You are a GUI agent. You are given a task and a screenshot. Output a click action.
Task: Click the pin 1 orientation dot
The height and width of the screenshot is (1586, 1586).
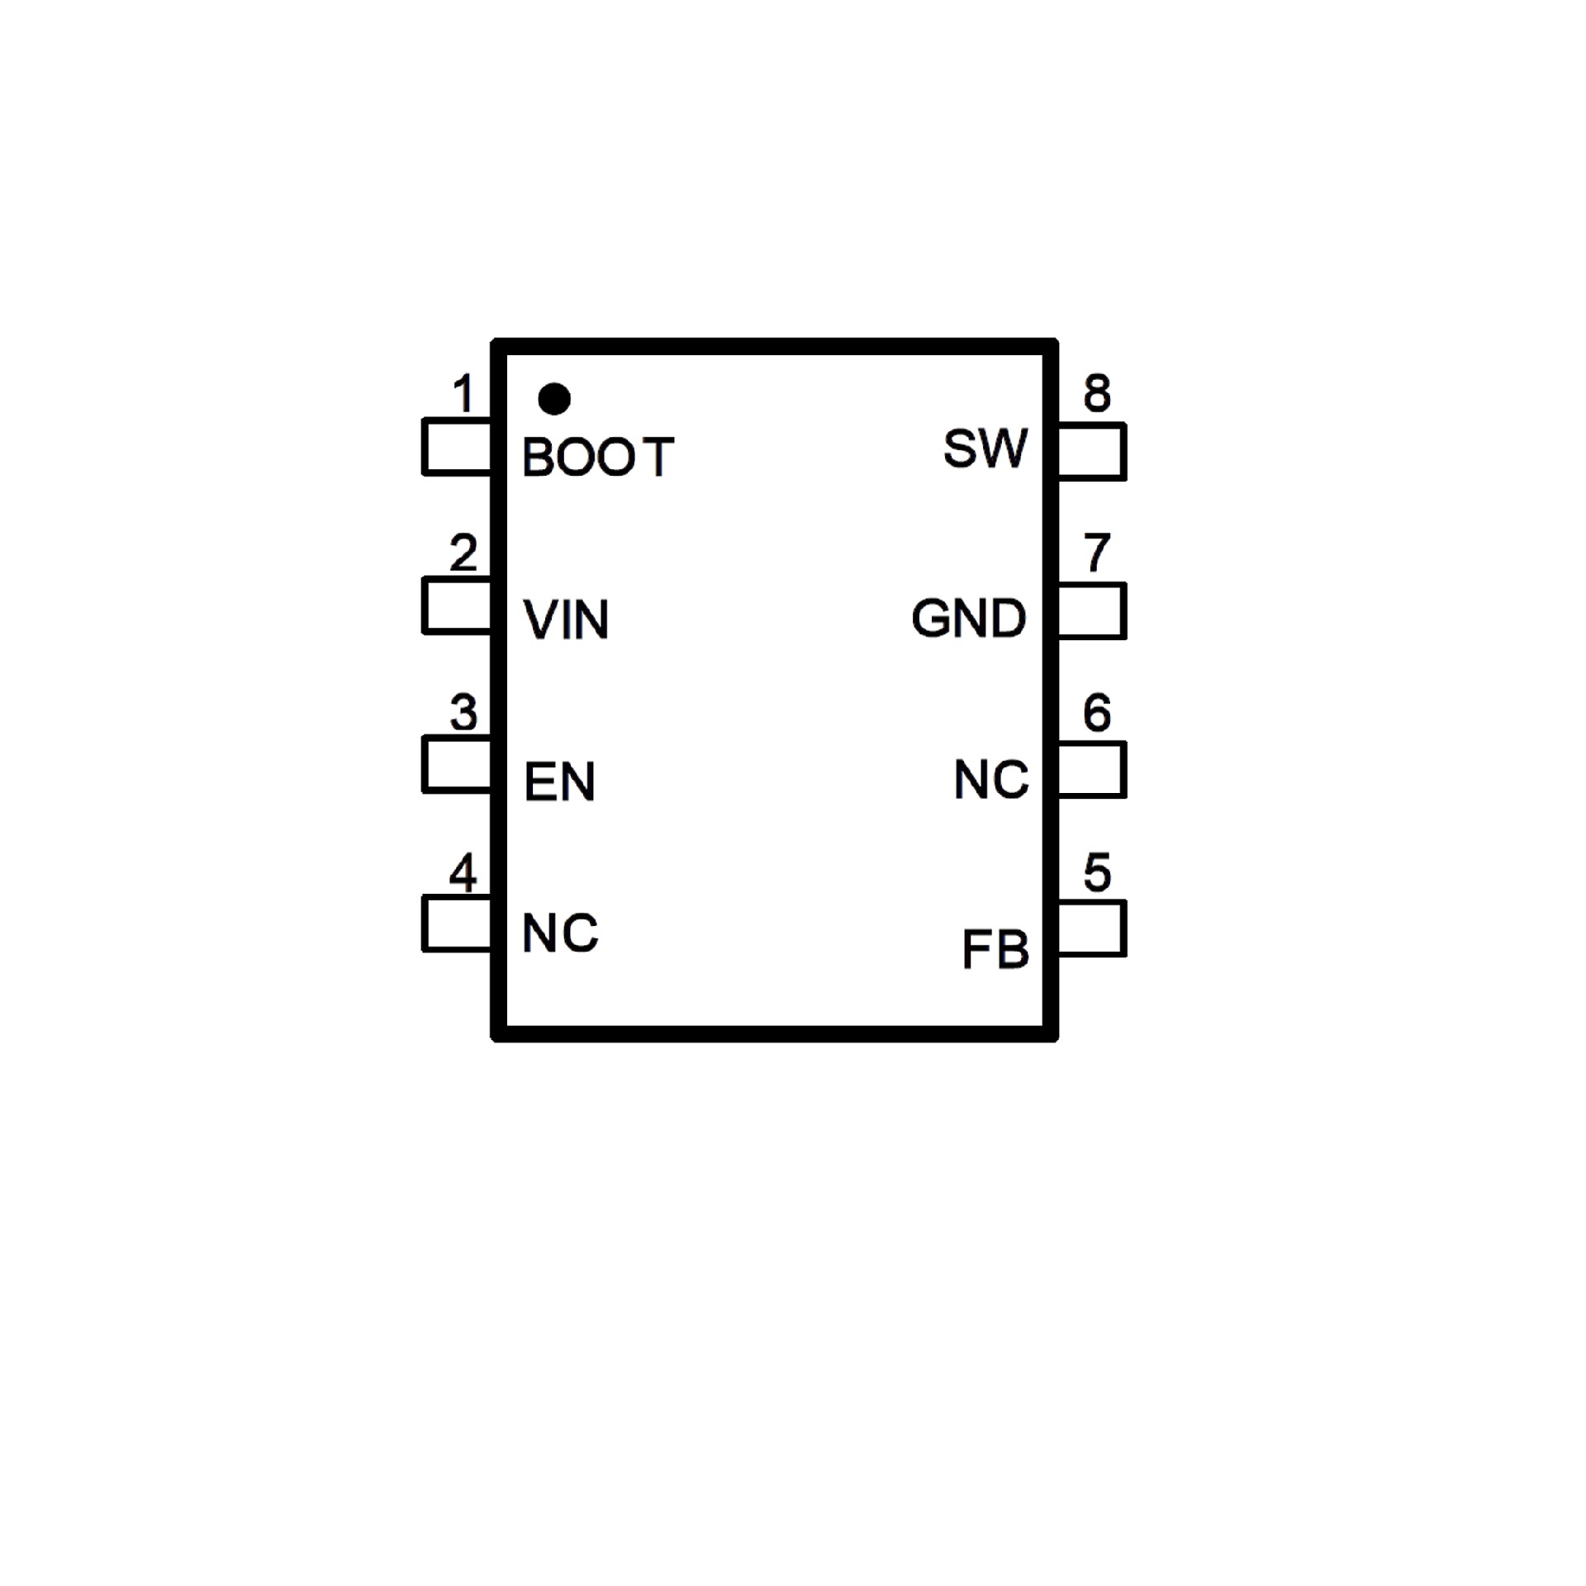point(553,399)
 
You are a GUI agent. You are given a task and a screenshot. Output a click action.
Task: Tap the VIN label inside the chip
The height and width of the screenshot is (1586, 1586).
point(567,620)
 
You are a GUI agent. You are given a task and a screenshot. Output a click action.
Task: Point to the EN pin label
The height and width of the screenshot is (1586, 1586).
point(559,781)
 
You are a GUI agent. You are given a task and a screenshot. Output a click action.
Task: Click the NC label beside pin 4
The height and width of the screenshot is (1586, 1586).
point(560,933)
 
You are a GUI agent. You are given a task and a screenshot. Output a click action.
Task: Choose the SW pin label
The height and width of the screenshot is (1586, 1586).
point(985,449)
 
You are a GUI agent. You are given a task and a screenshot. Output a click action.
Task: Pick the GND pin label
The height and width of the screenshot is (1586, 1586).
point(969,618)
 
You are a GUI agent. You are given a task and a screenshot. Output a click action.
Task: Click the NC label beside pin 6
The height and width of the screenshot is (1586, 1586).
point(991,779)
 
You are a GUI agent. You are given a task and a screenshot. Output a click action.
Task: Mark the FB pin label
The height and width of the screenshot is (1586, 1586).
point(995,949)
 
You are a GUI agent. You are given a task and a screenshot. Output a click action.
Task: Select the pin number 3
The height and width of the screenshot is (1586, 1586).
point(463,712)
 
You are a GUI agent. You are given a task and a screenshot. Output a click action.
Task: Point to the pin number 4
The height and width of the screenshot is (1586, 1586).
point(463,872)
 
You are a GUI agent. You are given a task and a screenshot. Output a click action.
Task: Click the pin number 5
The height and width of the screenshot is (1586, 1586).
point(1097,872)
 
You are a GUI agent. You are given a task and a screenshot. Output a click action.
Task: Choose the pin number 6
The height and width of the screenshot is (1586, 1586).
point(1097,712)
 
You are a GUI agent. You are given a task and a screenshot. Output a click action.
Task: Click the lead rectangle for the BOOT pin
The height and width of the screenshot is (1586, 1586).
point(457,447)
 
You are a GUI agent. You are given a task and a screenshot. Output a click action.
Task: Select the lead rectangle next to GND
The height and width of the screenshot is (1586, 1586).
point(1091,611)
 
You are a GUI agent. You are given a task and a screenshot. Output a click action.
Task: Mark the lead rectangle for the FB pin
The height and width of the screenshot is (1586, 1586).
point(1091,929)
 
